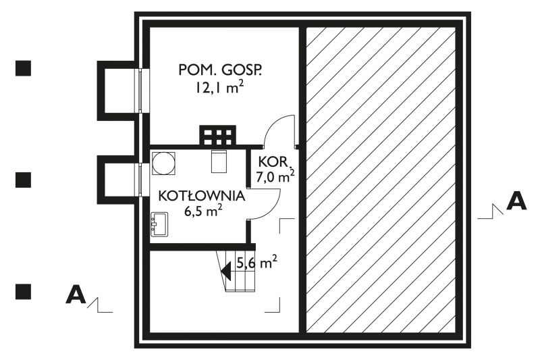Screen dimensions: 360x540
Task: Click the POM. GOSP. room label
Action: point(219,69)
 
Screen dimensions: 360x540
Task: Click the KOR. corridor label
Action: point(274,163)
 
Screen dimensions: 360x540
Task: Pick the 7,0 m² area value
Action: point(275,178)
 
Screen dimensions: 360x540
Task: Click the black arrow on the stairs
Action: point(227,271)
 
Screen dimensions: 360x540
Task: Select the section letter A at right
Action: point(516,201)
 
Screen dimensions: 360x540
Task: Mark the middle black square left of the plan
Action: point(24,179)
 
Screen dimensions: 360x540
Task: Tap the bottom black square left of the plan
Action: point(24,290)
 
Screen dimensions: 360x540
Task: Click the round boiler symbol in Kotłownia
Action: point(163,163)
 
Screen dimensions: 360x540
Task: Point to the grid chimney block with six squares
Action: point(217,135)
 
